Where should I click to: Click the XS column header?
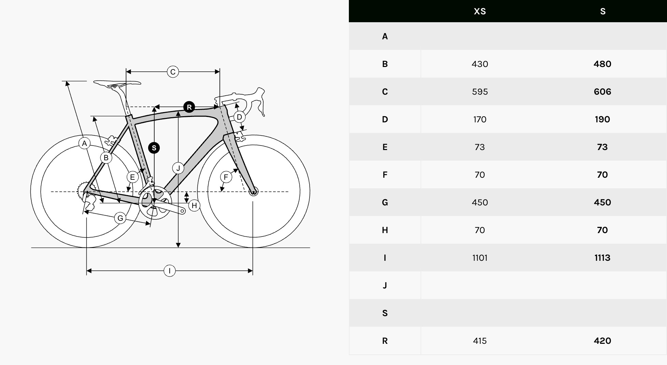tap(480, 11)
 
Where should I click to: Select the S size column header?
tap(603, 11)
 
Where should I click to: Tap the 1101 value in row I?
tap(480, 258)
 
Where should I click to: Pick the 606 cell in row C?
tap(602, 92)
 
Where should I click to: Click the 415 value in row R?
tap(480, 341)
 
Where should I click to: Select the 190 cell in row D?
tap(602, 119)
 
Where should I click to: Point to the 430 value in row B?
tap(480, 64)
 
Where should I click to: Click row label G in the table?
tap(385, 202)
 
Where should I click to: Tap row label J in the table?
tap(385, 285)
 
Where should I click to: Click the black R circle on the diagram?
tap(189, 107)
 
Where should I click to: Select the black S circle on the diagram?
tap(154, 148)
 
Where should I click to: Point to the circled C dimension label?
tap(173, 72)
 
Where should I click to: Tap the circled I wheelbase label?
tap(169, 271)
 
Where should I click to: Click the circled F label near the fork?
tap(226, 177)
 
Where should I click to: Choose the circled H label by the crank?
tap(194, 205)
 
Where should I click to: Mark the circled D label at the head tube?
tap(239, 117)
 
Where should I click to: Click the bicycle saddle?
tap(117, 83)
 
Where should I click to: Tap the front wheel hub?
tap(253, 191)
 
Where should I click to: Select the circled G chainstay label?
tap(120, 218)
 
